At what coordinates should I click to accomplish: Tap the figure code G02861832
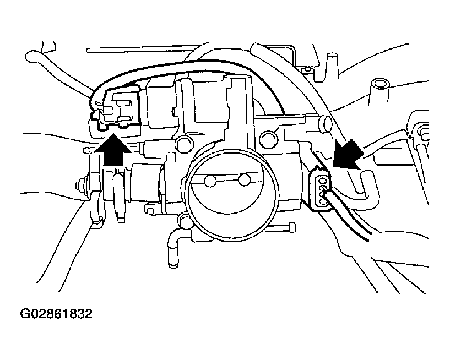point(56,314)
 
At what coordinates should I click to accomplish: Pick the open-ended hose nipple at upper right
point(380,85)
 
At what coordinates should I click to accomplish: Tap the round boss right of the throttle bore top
point(268,138)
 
